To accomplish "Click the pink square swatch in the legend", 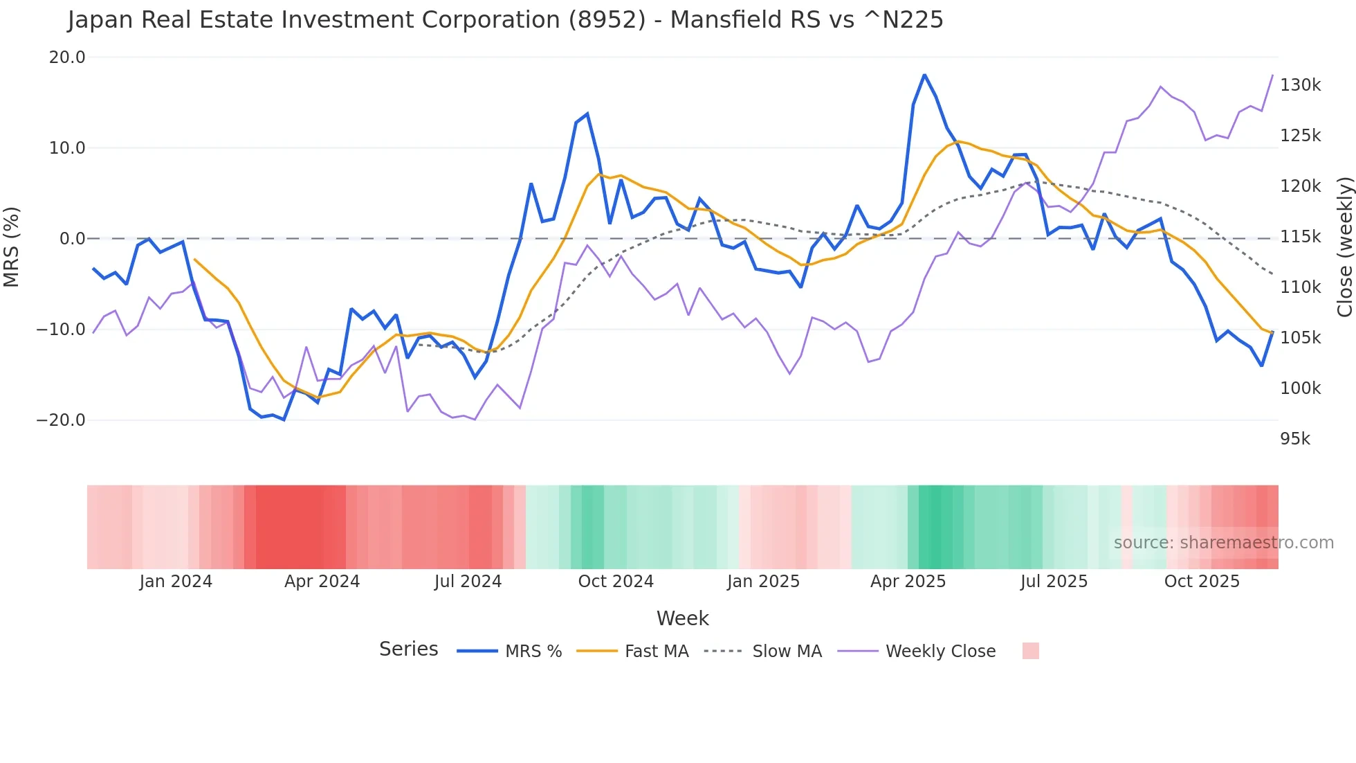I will (x=1030, y=651).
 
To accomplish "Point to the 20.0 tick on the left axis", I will (x=66, y=57).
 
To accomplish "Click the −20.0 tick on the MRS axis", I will (x=61, y=420).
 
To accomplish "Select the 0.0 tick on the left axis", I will (x=72, y=239).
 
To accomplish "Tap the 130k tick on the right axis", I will (x=1300, y=85).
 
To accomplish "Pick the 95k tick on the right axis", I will (x=1295, y=439).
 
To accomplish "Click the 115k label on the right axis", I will (x=1300, y=237).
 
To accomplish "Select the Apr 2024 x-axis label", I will (x=322, y=582).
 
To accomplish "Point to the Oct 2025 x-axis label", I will (x=1202, y=582).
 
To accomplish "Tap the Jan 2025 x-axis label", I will (x=763, y=582).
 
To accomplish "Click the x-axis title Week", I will (x=682, y=618).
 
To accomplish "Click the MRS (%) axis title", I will (x=12, y=246).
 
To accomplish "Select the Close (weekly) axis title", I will (x=1344, y=247).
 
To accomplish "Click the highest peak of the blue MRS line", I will (x=924, y=75).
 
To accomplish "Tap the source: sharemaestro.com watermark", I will (x=1223, y=543).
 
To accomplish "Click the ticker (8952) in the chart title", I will (x=607, y=20).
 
